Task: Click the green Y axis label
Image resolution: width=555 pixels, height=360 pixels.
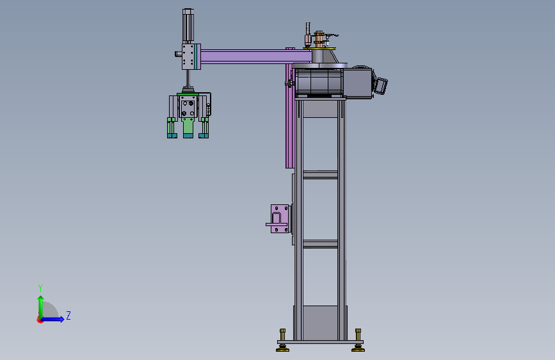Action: click(40, 288)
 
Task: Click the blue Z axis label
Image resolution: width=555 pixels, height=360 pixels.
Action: click(68, 315)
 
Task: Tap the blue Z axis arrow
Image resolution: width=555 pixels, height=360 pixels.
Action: click(52, 319)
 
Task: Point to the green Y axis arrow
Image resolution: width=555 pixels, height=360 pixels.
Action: click(41, 307)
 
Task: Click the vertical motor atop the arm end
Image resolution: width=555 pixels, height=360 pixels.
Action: click(188, 26)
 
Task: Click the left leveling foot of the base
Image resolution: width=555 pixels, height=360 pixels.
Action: click(282, 341)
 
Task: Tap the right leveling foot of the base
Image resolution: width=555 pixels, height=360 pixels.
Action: click(358, 341)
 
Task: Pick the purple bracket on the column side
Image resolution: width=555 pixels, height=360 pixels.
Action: click(278, 218)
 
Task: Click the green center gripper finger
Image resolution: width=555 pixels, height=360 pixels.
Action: click(188, 127)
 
